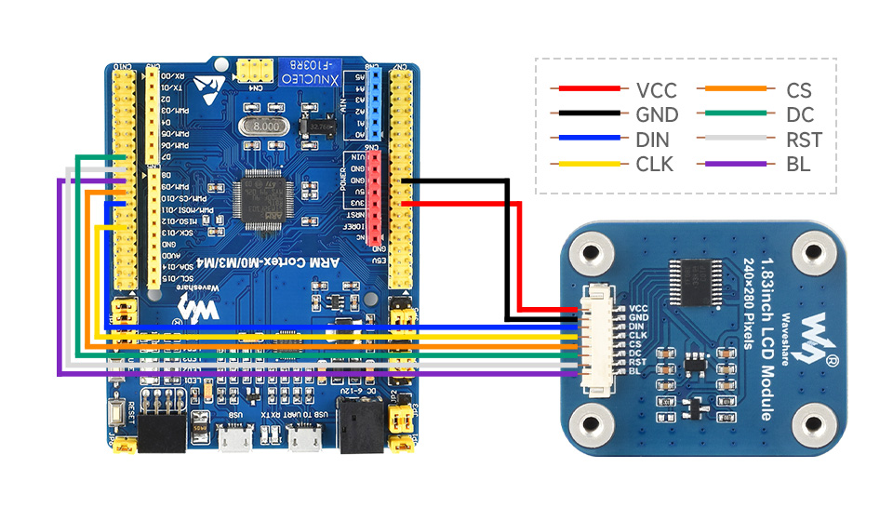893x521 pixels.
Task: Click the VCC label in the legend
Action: point(656,90)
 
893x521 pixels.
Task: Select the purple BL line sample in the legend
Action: point(742,164)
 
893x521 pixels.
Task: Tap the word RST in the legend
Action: point(803,140)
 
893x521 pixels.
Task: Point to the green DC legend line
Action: point(742,115)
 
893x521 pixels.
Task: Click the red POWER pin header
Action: point(377,201)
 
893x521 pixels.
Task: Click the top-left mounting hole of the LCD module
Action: point(587,251)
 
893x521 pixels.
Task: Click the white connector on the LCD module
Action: point(593,340)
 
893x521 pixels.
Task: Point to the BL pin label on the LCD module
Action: point(636,372)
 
